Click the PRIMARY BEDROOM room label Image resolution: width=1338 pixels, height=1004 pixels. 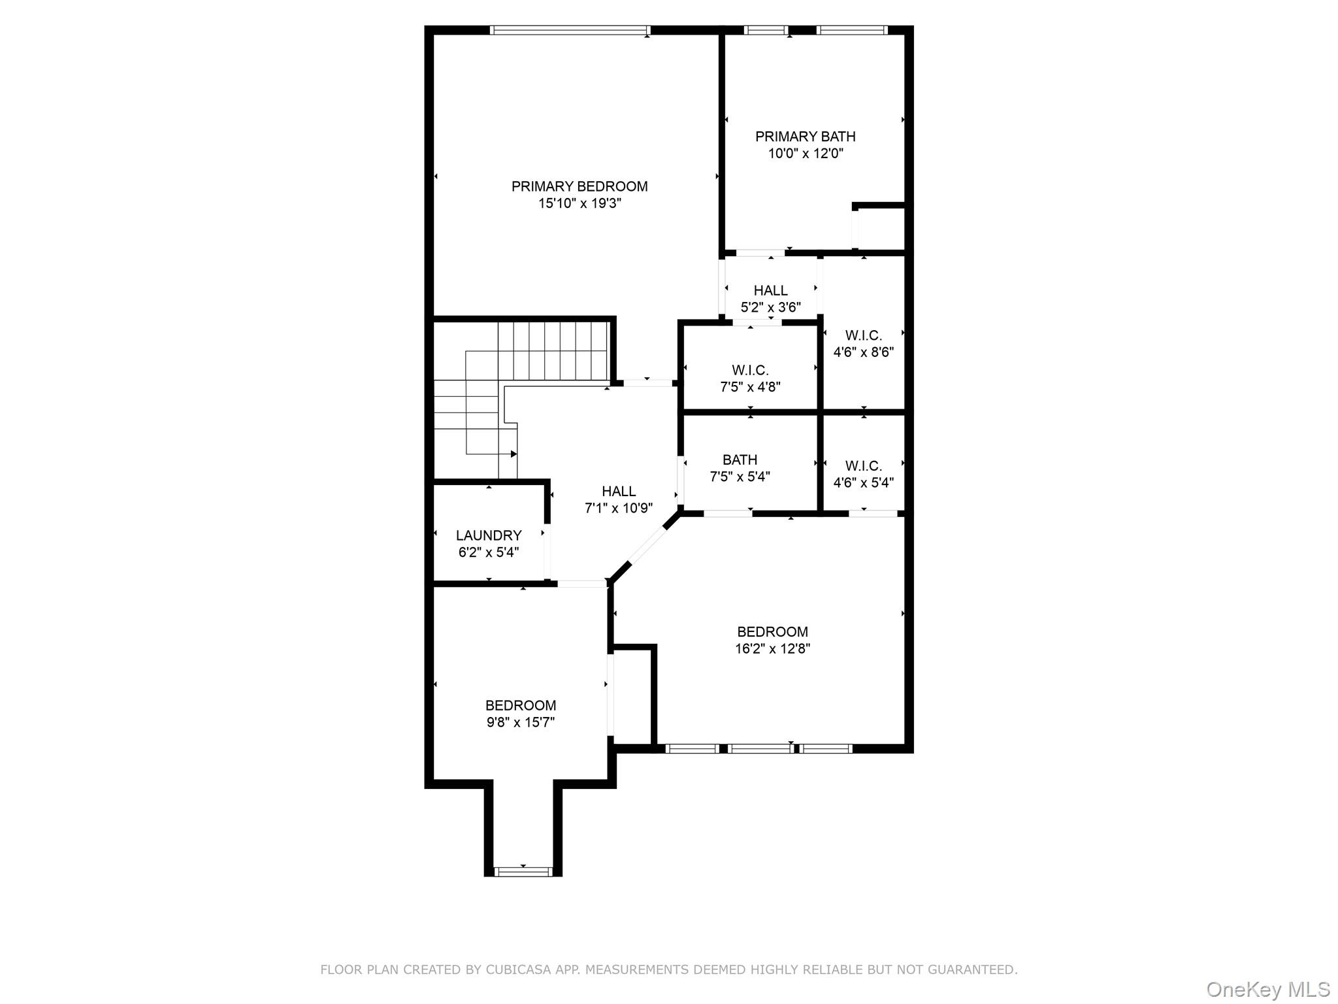[x=579, y=186]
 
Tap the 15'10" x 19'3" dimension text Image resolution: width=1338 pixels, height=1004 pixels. [x=579, y=203]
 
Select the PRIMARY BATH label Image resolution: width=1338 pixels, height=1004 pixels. [x=806, y=137]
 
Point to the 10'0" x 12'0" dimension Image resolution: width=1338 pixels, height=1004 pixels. [x=806, y=154]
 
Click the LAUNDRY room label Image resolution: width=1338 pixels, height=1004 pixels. [x=489, y=535]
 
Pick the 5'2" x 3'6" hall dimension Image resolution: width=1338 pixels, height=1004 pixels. [x=771, y=307]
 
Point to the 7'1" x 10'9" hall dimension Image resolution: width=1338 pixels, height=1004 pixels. [x=619, y=508]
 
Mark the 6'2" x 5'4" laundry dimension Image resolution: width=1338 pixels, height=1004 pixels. [x=489, y=552]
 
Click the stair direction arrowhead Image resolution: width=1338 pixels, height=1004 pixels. [x=514, y=454]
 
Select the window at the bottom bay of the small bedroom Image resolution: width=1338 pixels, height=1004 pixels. [x=523, y=871]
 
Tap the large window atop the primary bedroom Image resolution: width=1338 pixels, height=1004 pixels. [x=570, y=30]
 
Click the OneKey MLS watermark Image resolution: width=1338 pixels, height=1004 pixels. [x=1267, y=989]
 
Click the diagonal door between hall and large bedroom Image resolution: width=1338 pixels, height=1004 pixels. [x=647, y=545]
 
